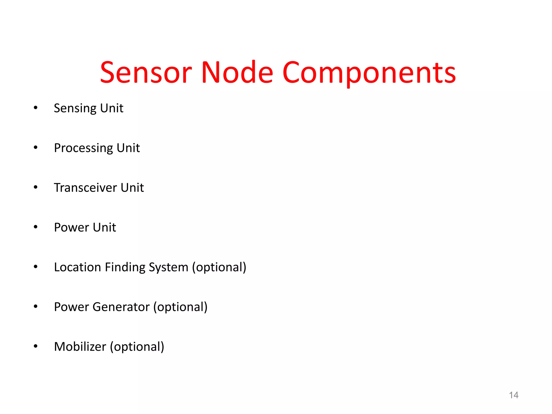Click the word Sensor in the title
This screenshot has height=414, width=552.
[x=146, y=72]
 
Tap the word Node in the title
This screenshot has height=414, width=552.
[x=237, y=72]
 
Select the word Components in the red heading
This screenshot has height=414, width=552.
[x=369, y=72]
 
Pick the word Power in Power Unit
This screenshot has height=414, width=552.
[x=71, y=227]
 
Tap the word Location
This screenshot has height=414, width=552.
[x=77, y=267]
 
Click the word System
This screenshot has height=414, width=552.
[x=168, y=267]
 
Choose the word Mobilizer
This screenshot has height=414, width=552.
[x=80, y=347]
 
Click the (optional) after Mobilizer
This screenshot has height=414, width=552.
[x=137, y=347]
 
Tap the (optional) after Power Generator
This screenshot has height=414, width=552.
[x=180, y=307]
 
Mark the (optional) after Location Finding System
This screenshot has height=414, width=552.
[x=219, y=267]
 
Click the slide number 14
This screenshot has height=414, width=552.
[x=513, y=395]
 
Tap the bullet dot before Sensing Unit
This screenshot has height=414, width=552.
[x=36, y=108]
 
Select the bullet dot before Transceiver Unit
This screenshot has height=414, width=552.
[x=36, y=187]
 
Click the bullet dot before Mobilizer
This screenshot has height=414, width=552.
[x=36, y=346]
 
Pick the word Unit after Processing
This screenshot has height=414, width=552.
[x=128, y=148]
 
